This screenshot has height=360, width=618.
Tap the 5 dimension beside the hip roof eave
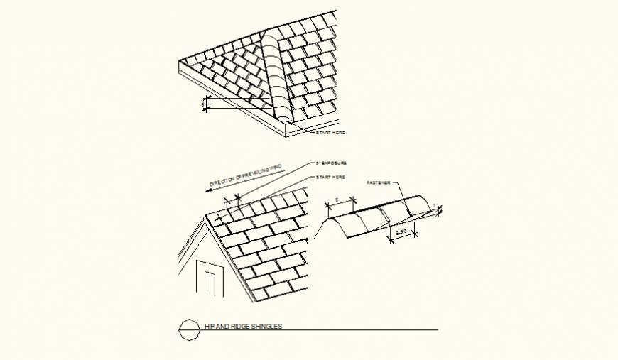[204, 105]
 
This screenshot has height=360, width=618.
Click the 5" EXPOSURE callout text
[332, 163]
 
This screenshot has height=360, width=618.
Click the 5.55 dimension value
[401, 231]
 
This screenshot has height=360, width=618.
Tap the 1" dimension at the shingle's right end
[435, 206]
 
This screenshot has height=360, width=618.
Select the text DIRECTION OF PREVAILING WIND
[246, 176]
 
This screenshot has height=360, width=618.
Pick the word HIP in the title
[209, 327]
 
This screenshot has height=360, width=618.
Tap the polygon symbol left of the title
[189, 329]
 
